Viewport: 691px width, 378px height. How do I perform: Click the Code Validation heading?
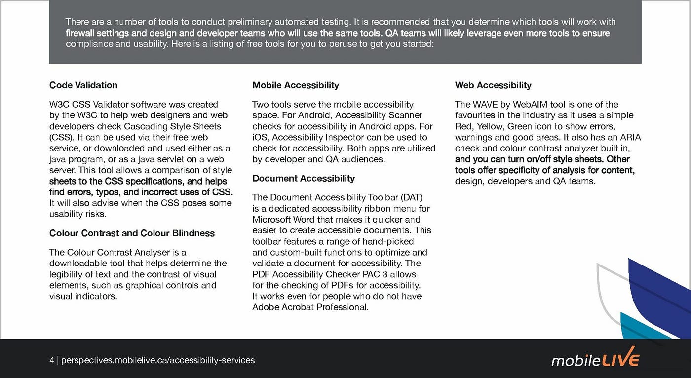[83, 85]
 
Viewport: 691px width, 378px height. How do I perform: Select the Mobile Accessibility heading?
[296, 85]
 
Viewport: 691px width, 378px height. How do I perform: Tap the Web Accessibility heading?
[493, 85]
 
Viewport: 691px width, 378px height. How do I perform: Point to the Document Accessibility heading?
[304, 178]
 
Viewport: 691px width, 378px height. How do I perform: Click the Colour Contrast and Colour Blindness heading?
[132, 233]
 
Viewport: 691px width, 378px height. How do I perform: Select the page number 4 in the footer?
[52, 360]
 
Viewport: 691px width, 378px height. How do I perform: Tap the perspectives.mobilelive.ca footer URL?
[158, 360]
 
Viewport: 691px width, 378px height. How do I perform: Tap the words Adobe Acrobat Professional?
[310, 307]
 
